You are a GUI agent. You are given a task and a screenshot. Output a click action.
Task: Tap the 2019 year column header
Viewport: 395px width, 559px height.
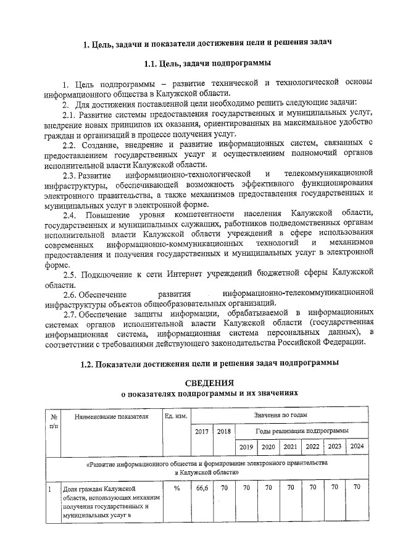(246, 447)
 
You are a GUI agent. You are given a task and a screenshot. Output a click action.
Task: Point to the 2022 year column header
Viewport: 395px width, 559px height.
(313, 447)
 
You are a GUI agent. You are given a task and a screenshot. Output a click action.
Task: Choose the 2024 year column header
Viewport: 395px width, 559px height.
(357, 447)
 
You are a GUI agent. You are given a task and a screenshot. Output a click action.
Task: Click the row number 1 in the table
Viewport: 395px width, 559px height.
(49, 489)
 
